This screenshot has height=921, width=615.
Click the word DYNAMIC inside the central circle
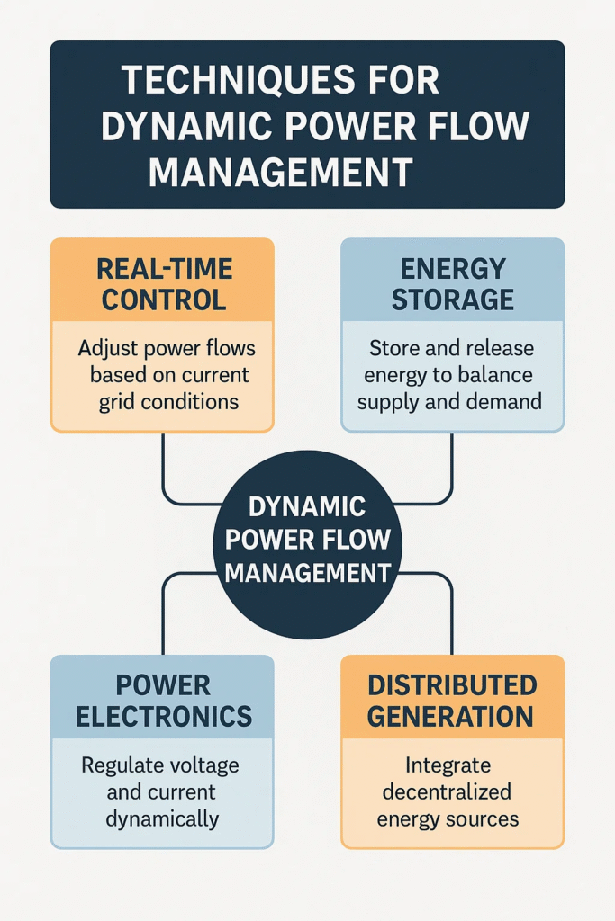(x=307, y=506)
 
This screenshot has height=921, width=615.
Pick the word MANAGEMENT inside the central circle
(x=307, y=572)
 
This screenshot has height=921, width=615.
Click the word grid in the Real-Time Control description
(x=119, y=400)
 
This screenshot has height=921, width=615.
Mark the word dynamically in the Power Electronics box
(x=162, y=818)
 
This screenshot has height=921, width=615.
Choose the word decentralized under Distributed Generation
(x=447, y=791)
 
